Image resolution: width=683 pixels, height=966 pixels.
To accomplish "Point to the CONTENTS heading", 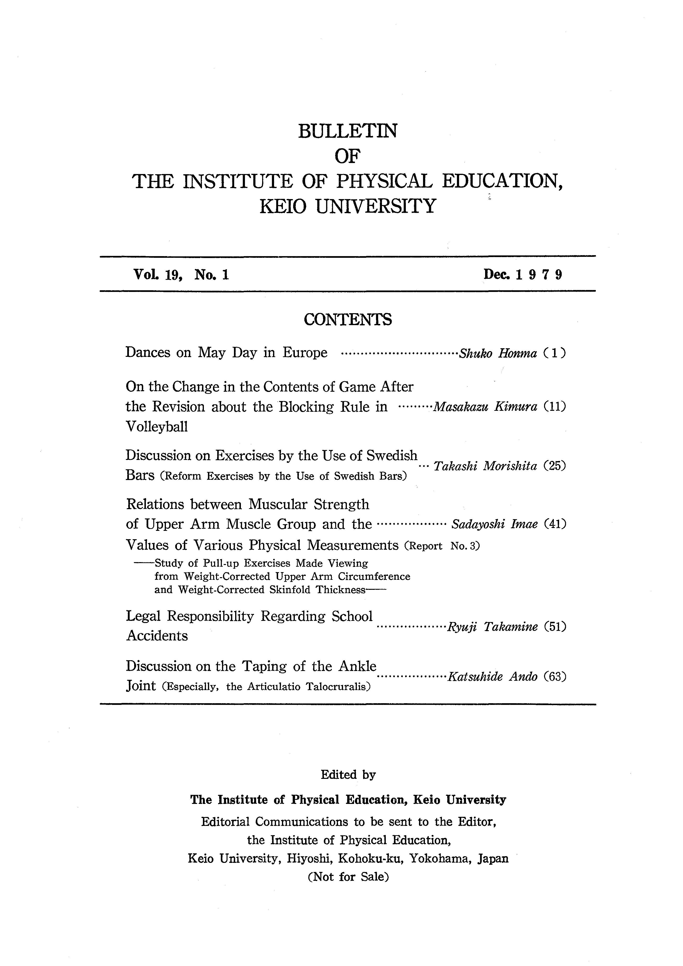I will [x=348, y=320].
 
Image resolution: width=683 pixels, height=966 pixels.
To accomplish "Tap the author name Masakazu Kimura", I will [x=485, y=407].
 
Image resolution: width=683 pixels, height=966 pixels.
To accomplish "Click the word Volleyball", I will [x=157, y=427].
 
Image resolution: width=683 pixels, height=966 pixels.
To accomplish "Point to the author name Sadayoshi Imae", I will [x=494, y=524].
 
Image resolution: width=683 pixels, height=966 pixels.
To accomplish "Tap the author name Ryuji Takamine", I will [x=492, y=627].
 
